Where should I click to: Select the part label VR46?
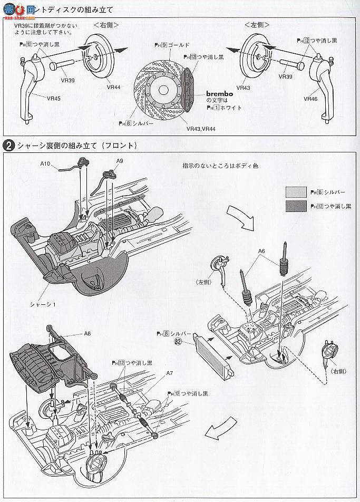click(310, 98)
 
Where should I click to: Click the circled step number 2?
click(8, 146)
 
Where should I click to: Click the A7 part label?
click(169, 373)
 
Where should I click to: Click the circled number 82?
click(179, 341)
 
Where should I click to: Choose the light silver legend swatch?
click(295, 192)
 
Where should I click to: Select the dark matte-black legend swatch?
click(295, 206)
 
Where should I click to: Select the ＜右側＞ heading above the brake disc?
click(106, 25)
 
